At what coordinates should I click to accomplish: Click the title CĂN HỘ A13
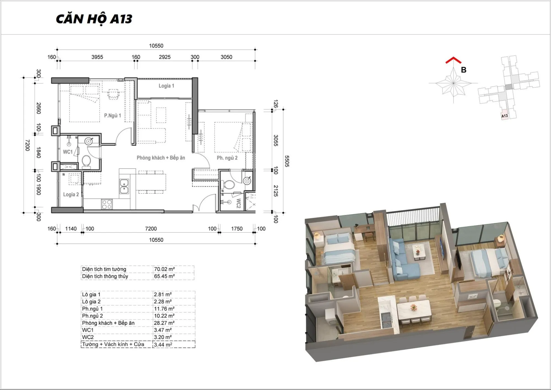click(94, 19)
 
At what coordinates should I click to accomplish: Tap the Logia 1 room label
click(166, 86)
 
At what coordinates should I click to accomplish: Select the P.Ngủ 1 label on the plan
click(112, 116)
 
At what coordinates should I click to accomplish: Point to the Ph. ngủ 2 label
click(227, 158)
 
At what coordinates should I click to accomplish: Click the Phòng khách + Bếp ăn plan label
click(161, 158)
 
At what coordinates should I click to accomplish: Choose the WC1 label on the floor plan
click(68, 152)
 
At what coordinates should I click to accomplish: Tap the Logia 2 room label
click(71, 194)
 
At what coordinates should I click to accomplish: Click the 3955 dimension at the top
click(97, 57)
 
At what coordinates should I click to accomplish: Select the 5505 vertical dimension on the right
click(287, 161)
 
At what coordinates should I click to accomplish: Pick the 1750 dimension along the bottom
click(237, 229)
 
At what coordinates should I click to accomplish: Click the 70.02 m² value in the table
click(164, 269)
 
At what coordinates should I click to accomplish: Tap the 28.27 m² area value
click(164, 323)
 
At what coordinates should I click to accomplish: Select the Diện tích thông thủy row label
click(105, 276)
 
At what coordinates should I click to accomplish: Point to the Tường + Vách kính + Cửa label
click(113, 344)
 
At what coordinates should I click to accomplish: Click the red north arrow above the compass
click(453, 60)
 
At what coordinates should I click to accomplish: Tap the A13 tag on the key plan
click(504, 116)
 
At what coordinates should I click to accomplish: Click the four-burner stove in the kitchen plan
click(107, 204)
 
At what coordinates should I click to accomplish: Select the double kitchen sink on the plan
click(124, 186)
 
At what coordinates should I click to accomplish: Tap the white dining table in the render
click(413, 310)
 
